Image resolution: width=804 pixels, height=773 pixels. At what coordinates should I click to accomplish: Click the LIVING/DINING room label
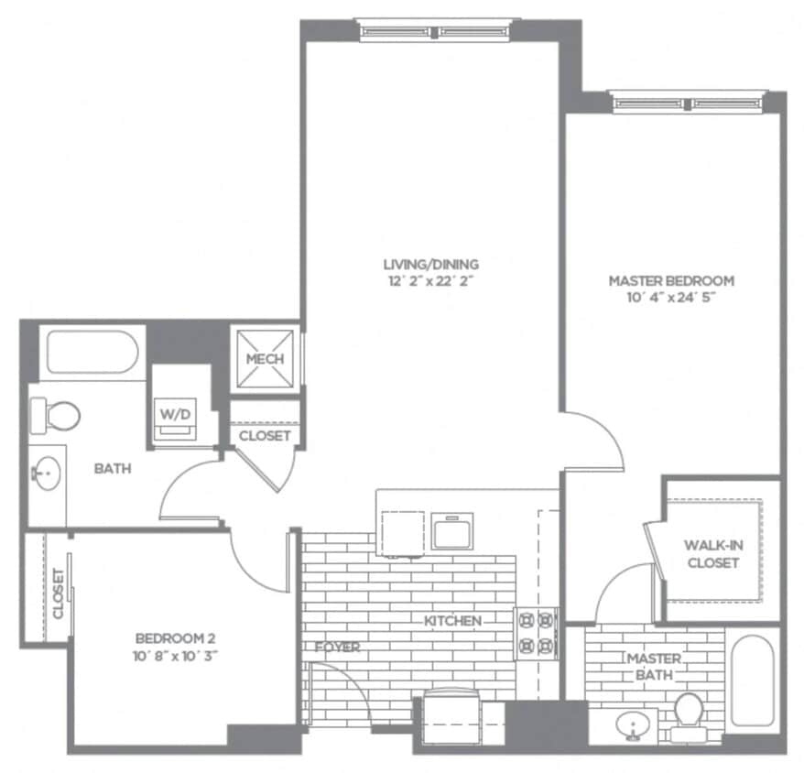430,265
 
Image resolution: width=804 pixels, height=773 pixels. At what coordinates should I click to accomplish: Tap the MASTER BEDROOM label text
672,280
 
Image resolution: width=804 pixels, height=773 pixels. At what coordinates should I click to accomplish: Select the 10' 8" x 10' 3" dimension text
176,655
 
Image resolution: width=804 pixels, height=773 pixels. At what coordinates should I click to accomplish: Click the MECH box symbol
264,359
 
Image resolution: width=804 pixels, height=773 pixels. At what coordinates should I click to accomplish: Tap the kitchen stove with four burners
537,633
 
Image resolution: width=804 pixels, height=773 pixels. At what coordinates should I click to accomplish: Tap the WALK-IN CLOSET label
712,554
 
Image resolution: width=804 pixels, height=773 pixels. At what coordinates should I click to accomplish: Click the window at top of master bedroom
686,103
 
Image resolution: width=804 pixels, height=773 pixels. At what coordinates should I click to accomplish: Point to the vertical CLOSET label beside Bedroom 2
57,593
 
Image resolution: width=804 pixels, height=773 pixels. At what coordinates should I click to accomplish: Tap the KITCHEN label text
452,621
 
